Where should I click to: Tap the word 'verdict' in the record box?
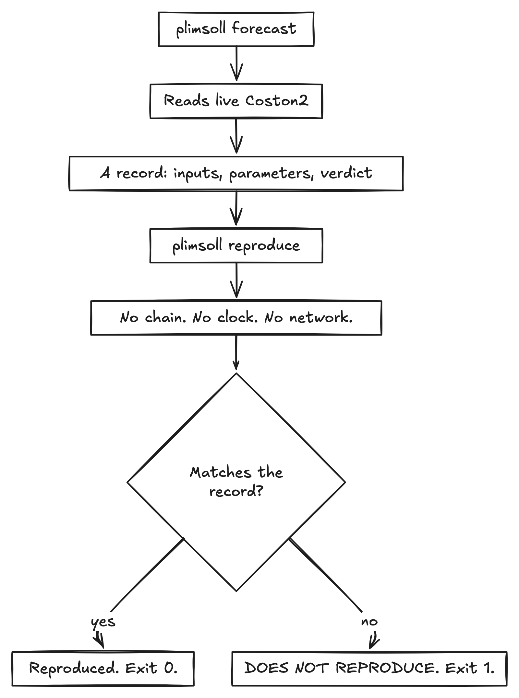346,173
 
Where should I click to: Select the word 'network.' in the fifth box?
321,318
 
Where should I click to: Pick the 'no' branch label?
369,622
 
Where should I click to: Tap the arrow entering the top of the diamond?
236,352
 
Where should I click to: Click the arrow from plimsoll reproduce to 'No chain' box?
236,280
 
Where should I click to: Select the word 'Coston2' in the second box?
277,101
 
